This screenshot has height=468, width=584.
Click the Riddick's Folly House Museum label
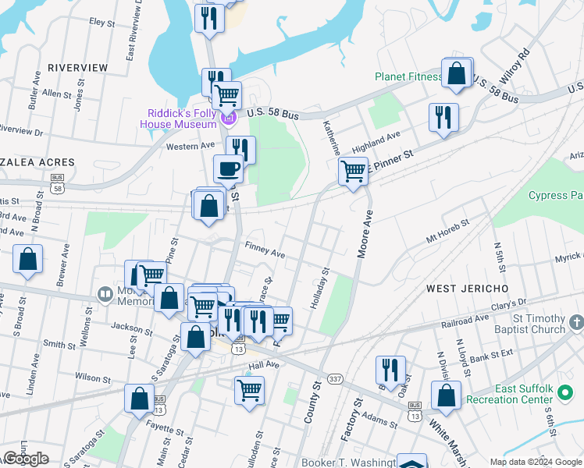tap(178, 119)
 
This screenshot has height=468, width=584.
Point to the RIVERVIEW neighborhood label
tap(77, 68)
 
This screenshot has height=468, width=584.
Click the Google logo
tap(26, 459)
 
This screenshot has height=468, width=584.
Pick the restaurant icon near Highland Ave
tap(443, 117)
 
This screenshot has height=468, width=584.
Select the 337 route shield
tap(335, 379)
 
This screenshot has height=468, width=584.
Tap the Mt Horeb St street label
tap(447, 231)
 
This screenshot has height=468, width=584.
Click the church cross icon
tap(576, 322)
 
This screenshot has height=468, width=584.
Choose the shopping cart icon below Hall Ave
tap(249, 390)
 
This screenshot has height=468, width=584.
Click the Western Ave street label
tap(191, 146)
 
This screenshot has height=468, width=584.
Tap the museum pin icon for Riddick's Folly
tap(228, 119)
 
